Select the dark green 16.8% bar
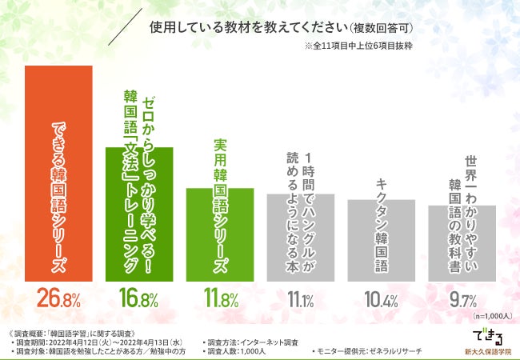click(139, 214)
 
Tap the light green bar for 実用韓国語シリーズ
click(220, 234)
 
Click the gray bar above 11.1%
click(300, 237)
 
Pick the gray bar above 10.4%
click(381, 240)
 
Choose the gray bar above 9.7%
click(462, 243)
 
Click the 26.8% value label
click(58, 300)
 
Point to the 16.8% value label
click(139, 300)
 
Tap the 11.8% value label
click(220, 300)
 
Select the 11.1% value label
click(300, 300)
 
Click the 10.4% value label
click(381, 300)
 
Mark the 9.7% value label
click(462, 300)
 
